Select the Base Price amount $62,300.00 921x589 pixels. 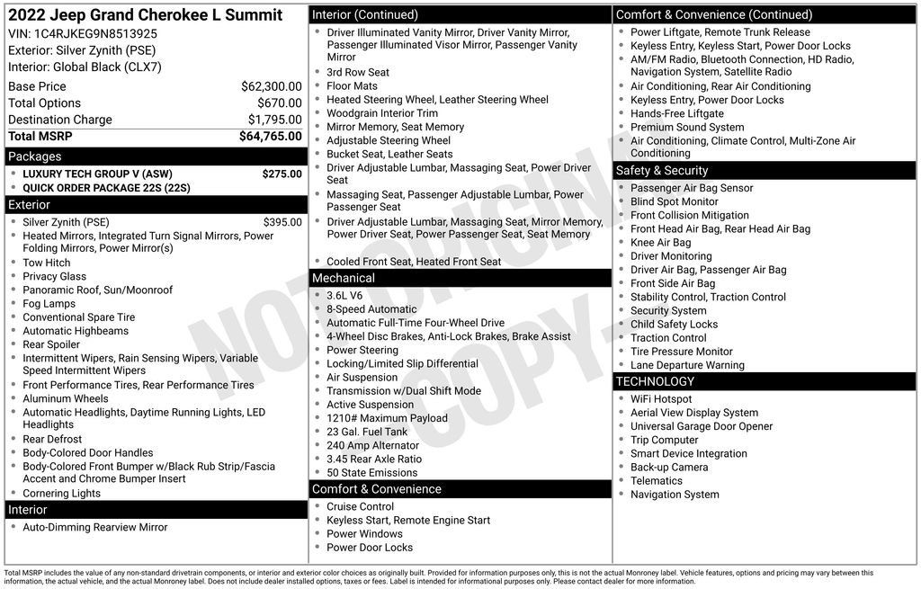[271, 86]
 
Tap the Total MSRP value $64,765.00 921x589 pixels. [270, 137]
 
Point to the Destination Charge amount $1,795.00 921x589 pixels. [274, 120]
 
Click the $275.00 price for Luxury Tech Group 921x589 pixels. [282, 174]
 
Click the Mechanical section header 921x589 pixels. [343, 278]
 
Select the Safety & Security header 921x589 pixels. [661, 171]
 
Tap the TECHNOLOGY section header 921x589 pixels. [655, 381]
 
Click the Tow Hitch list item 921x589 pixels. [46, 263]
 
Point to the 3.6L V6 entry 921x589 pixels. [344, 296]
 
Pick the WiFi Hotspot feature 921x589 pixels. [661, 399]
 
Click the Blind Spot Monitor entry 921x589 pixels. [674, 201]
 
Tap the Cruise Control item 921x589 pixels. [360, 506]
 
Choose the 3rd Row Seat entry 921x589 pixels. [358, 73]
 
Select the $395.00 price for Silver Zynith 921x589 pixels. [282, 222]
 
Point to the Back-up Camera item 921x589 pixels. [668, 467]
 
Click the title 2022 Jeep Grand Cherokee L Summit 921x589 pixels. [145, 15]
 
